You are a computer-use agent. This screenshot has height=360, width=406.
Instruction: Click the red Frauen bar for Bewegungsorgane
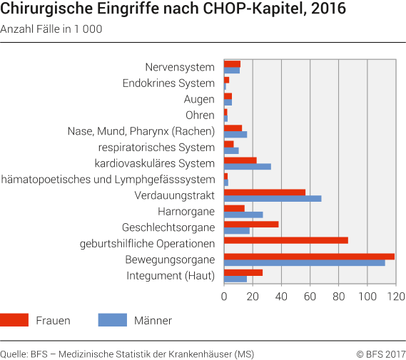pos(309,256)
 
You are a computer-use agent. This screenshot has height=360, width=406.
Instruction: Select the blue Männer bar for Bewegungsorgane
pos(305,262)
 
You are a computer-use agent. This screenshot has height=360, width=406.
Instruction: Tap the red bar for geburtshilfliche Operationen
pos(286,240)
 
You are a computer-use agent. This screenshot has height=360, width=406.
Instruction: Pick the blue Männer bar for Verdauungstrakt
pos(273,198)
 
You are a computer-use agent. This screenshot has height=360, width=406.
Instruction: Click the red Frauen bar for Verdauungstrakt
pos(265,192)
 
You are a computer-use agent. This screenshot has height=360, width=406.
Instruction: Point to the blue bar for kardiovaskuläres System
pos(248,166)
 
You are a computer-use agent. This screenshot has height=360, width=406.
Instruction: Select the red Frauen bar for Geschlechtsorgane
pos(251,224)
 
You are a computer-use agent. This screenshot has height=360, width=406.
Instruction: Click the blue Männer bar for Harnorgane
pos(243,214)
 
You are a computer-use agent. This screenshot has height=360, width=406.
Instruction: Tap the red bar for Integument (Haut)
pos(243,272)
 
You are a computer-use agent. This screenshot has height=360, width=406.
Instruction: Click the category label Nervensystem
pos(179,67)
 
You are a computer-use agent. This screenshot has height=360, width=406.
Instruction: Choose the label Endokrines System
pos(168,83)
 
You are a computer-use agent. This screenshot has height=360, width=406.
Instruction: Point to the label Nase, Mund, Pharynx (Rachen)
pos(141,131)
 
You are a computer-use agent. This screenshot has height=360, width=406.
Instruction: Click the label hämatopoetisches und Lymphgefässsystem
pos(108,180)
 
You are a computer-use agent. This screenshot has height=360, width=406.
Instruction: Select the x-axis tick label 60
pos(310,296)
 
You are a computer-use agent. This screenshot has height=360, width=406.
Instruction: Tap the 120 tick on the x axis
pos(396,296)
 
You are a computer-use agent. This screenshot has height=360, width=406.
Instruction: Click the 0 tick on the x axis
pos(224,296)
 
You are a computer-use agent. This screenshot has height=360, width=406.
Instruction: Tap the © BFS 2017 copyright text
pos(380,354)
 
